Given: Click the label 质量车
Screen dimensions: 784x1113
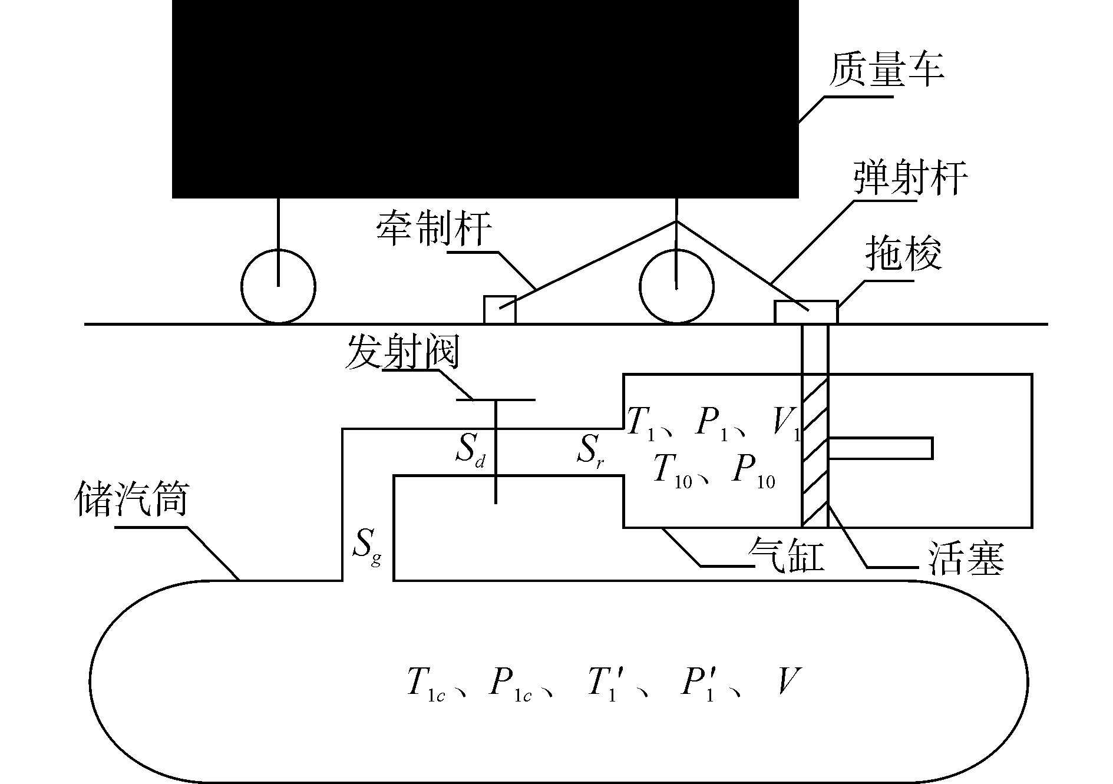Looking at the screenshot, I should (x=887, y=70).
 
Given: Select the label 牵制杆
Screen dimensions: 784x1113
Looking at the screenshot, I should (x=434, y=228).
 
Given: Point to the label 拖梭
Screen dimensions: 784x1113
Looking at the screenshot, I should (x=903, y=254).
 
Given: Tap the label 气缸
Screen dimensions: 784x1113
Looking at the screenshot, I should (x=785, y=556).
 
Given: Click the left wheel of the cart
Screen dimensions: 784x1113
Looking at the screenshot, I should (x=278, y=287).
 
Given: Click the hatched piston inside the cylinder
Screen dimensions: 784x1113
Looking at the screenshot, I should (x=815, y=450).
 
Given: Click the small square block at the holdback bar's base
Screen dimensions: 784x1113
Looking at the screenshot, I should (x=500, y=309).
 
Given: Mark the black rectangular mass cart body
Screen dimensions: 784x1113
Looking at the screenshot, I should (x=485, y=98).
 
